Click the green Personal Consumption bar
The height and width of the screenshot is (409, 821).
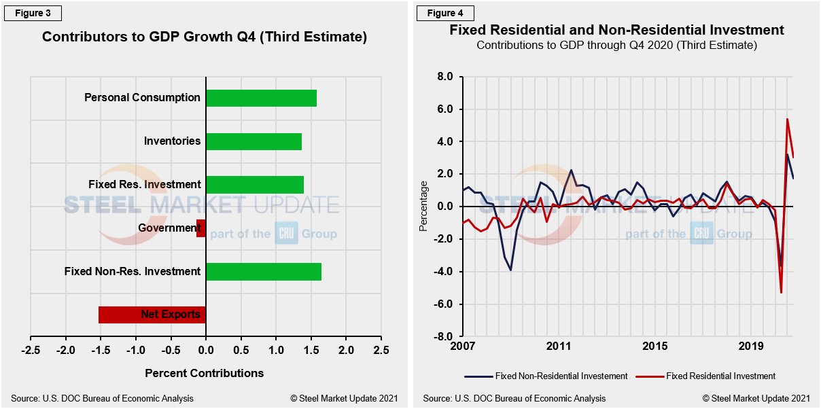tap(261, 98)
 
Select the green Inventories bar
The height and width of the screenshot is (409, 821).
tap(254, 141)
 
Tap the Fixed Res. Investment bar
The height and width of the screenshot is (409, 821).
tap(255, 185)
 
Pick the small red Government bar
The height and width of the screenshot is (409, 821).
tap(201, 228)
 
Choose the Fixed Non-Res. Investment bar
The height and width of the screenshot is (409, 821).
tap(263, 272)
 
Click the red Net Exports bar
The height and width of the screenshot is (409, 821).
tap(152, 315)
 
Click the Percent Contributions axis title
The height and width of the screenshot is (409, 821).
tap(205, 373)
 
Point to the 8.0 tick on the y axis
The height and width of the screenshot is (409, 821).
tap(444, 77)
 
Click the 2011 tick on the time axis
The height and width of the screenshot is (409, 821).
tap(558, 346)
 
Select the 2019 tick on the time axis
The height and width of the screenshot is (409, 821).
tap(751, 346)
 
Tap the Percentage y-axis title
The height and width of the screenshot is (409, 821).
tap(424, 206)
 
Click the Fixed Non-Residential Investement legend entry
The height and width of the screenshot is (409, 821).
tap(546, 376)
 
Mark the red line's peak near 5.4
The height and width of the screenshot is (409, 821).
tap(787, 119)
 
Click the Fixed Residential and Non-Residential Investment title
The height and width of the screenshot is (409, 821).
tap(616, 30)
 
